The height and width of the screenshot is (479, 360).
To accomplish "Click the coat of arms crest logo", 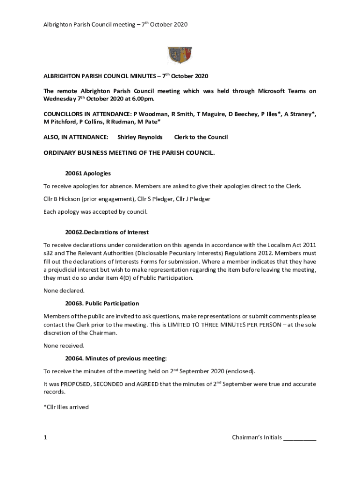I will click(x=180, y=55).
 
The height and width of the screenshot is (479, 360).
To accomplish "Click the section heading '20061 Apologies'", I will click(x=88, y=174).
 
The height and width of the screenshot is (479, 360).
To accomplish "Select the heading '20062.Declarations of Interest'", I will click(x=107, y=232).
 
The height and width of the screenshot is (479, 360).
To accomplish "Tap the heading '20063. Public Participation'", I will click(x=102, y=304).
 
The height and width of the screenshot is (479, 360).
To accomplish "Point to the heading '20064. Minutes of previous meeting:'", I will click(x=115, y=358).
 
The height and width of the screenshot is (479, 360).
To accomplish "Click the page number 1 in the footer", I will click(x=45, y=438).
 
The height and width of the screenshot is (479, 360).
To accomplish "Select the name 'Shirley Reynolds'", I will click(x=140, y=137).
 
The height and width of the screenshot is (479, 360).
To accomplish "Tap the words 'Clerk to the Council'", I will click(x=201, y=137).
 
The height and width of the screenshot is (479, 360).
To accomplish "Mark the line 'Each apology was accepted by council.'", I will click(x=95, y=212).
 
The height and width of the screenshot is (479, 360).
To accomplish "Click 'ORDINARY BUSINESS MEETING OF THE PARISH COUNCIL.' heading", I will click(x=129, y=152).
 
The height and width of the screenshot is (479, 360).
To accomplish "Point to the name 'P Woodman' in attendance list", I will click(x=150, y=114).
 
